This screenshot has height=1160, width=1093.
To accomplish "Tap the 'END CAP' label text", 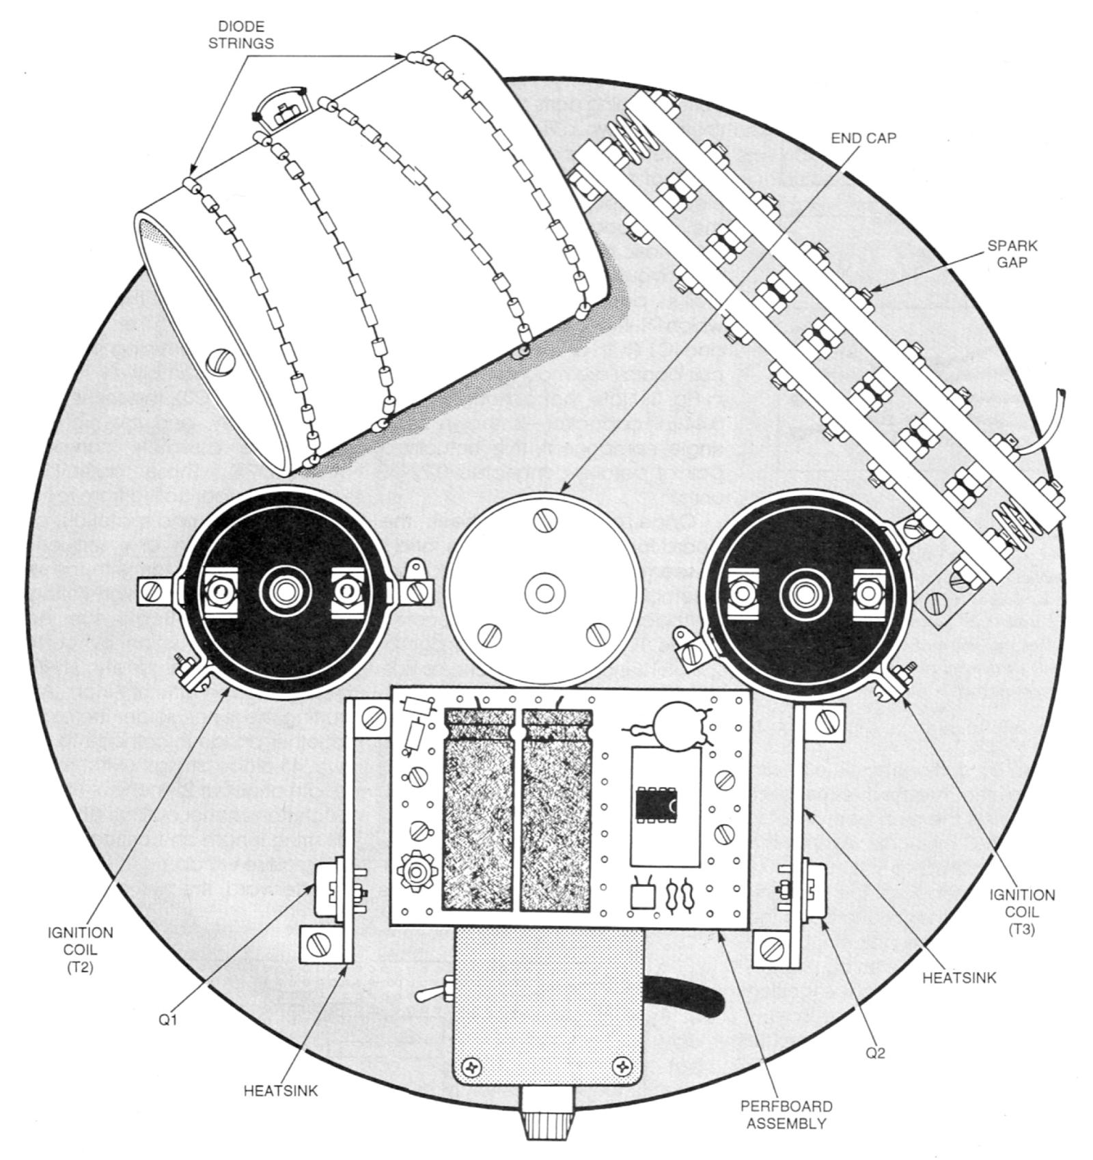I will [x=863, y=138].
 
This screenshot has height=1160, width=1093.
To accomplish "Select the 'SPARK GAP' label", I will [x=1012, y=254].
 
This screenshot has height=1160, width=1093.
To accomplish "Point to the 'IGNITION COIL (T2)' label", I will [x=81, y=949].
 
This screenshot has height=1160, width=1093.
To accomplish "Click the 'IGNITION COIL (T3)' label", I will [x=1022, y=911].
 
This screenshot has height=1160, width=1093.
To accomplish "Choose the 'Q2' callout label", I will [x=875, y=1053].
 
